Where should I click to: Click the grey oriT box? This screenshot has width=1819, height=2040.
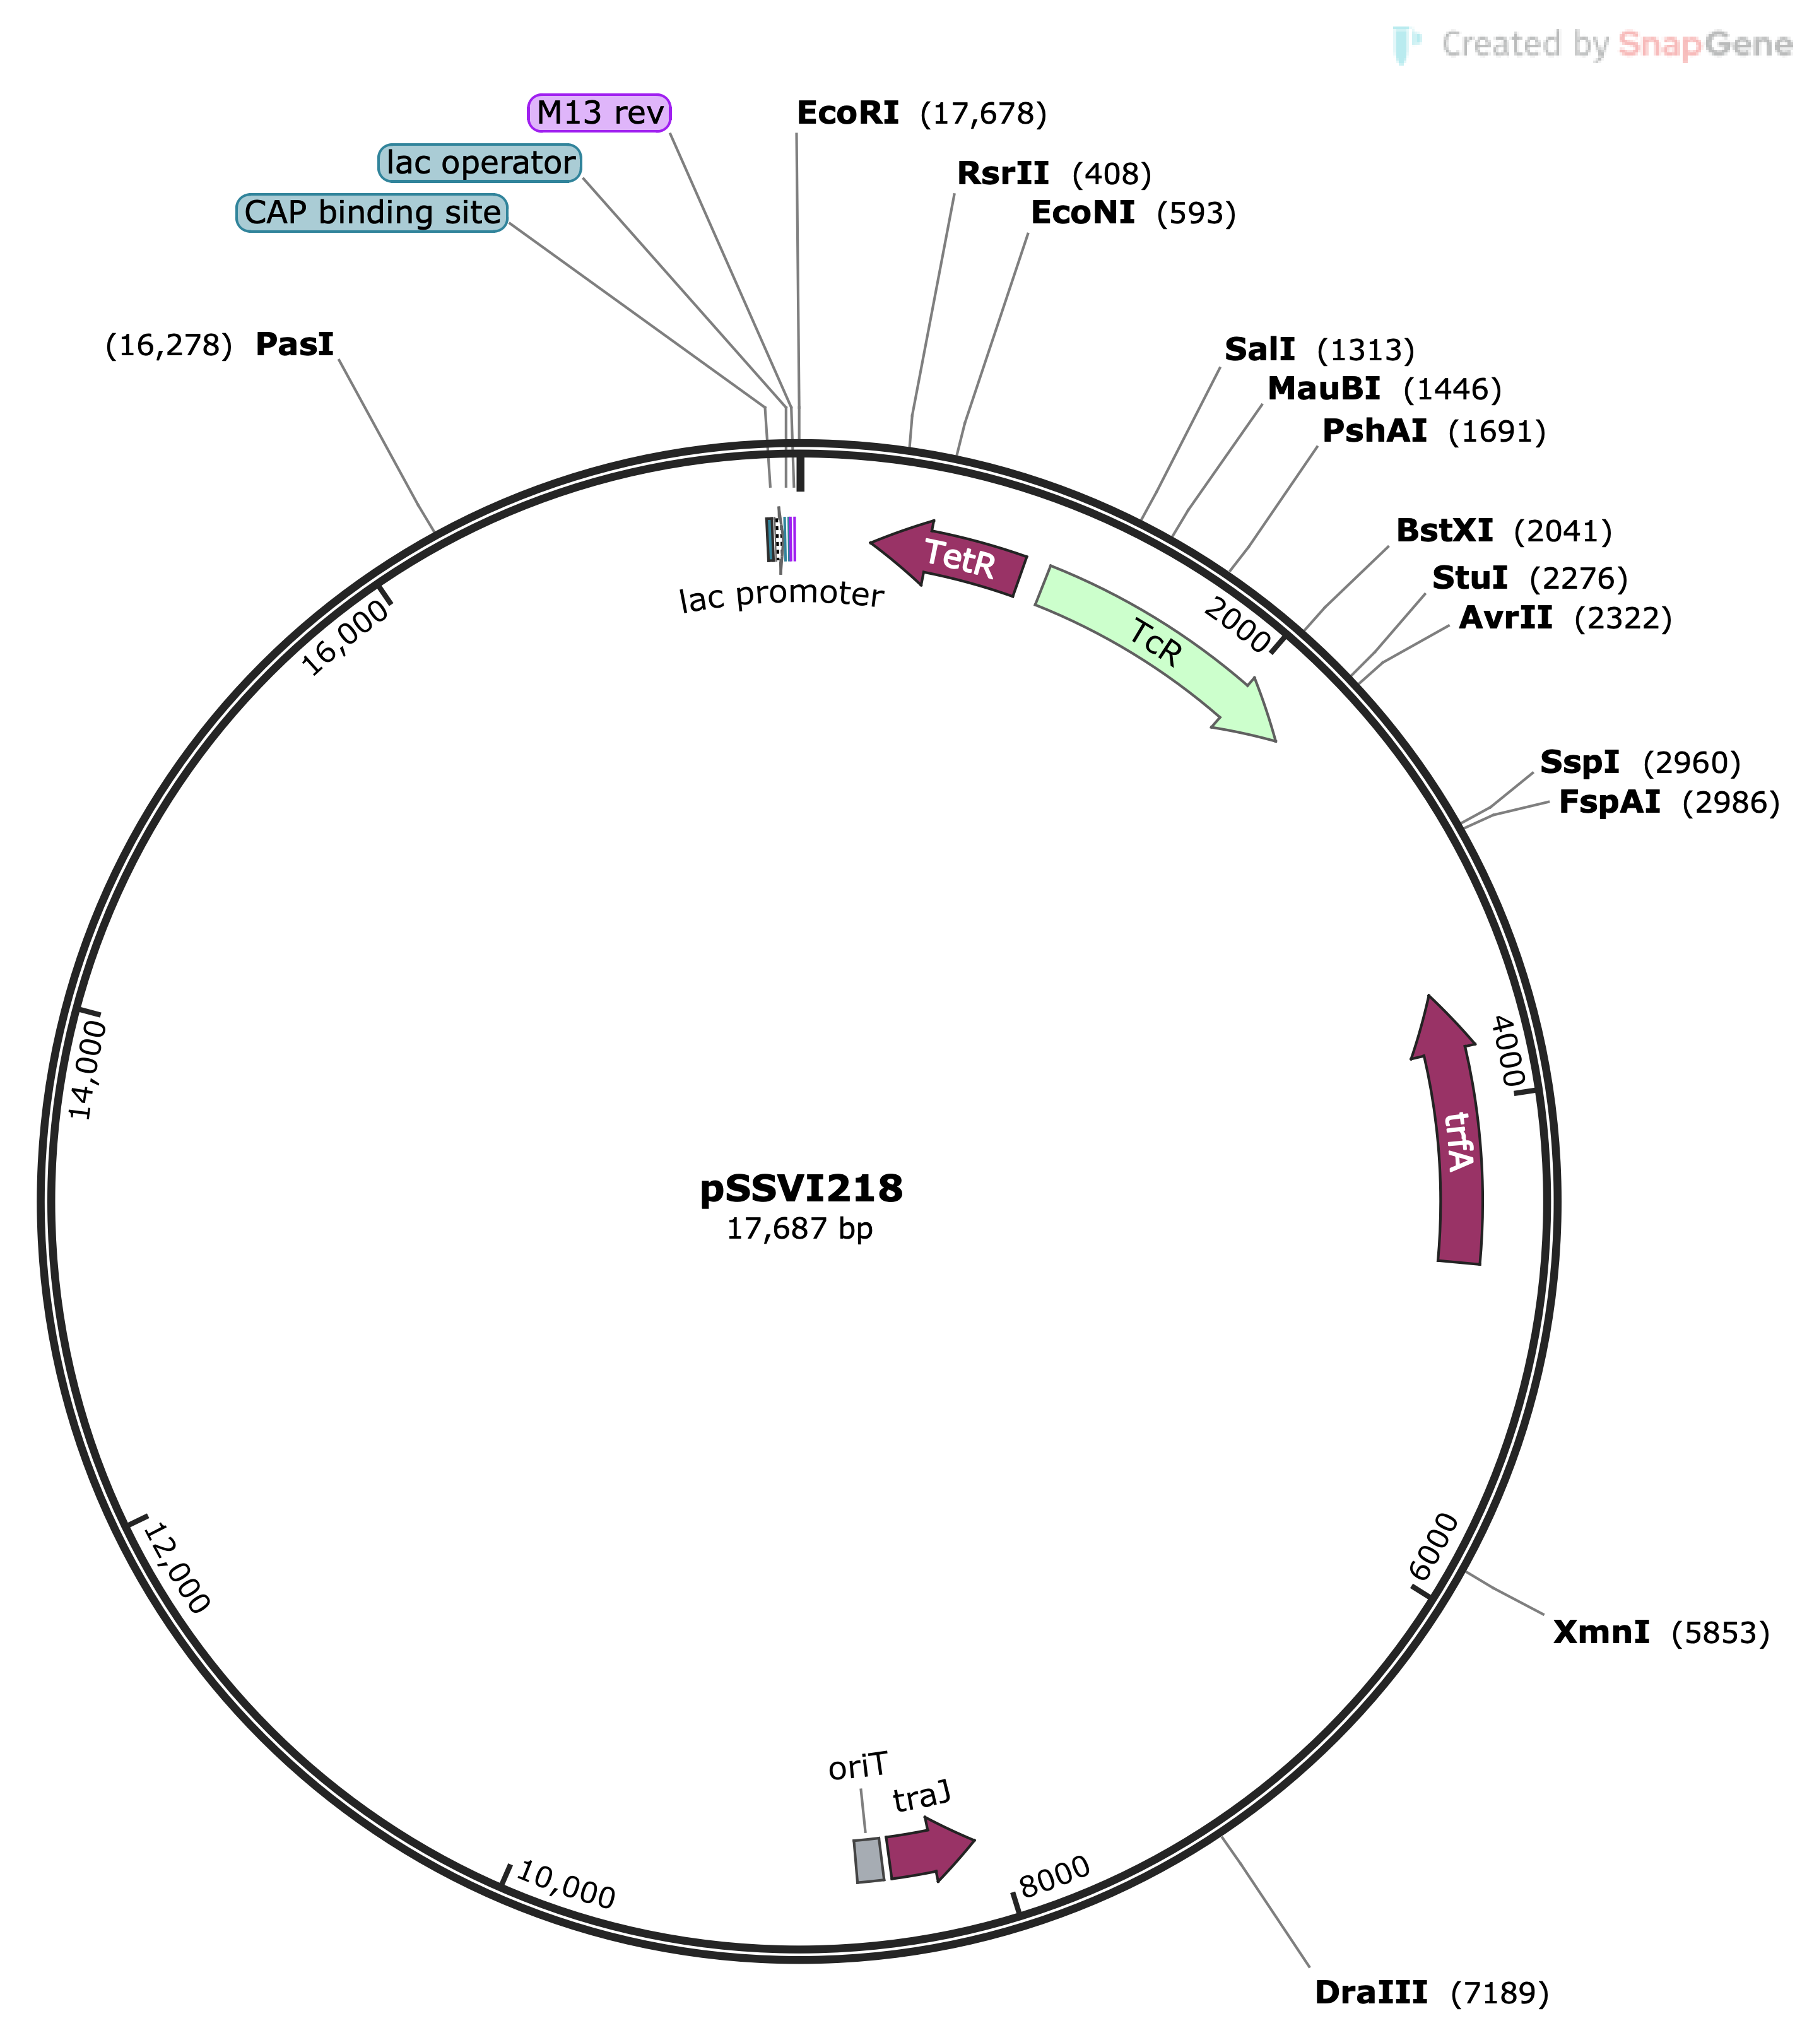869,1860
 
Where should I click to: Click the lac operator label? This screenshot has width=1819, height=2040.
481,163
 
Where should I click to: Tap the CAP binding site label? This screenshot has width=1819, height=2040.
372,213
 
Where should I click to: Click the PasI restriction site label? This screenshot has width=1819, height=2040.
295,345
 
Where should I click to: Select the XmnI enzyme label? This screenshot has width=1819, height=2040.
1601,1632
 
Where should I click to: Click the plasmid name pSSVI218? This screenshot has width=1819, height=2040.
801,1189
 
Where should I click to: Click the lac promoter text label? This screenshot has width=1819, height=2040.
782,597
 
